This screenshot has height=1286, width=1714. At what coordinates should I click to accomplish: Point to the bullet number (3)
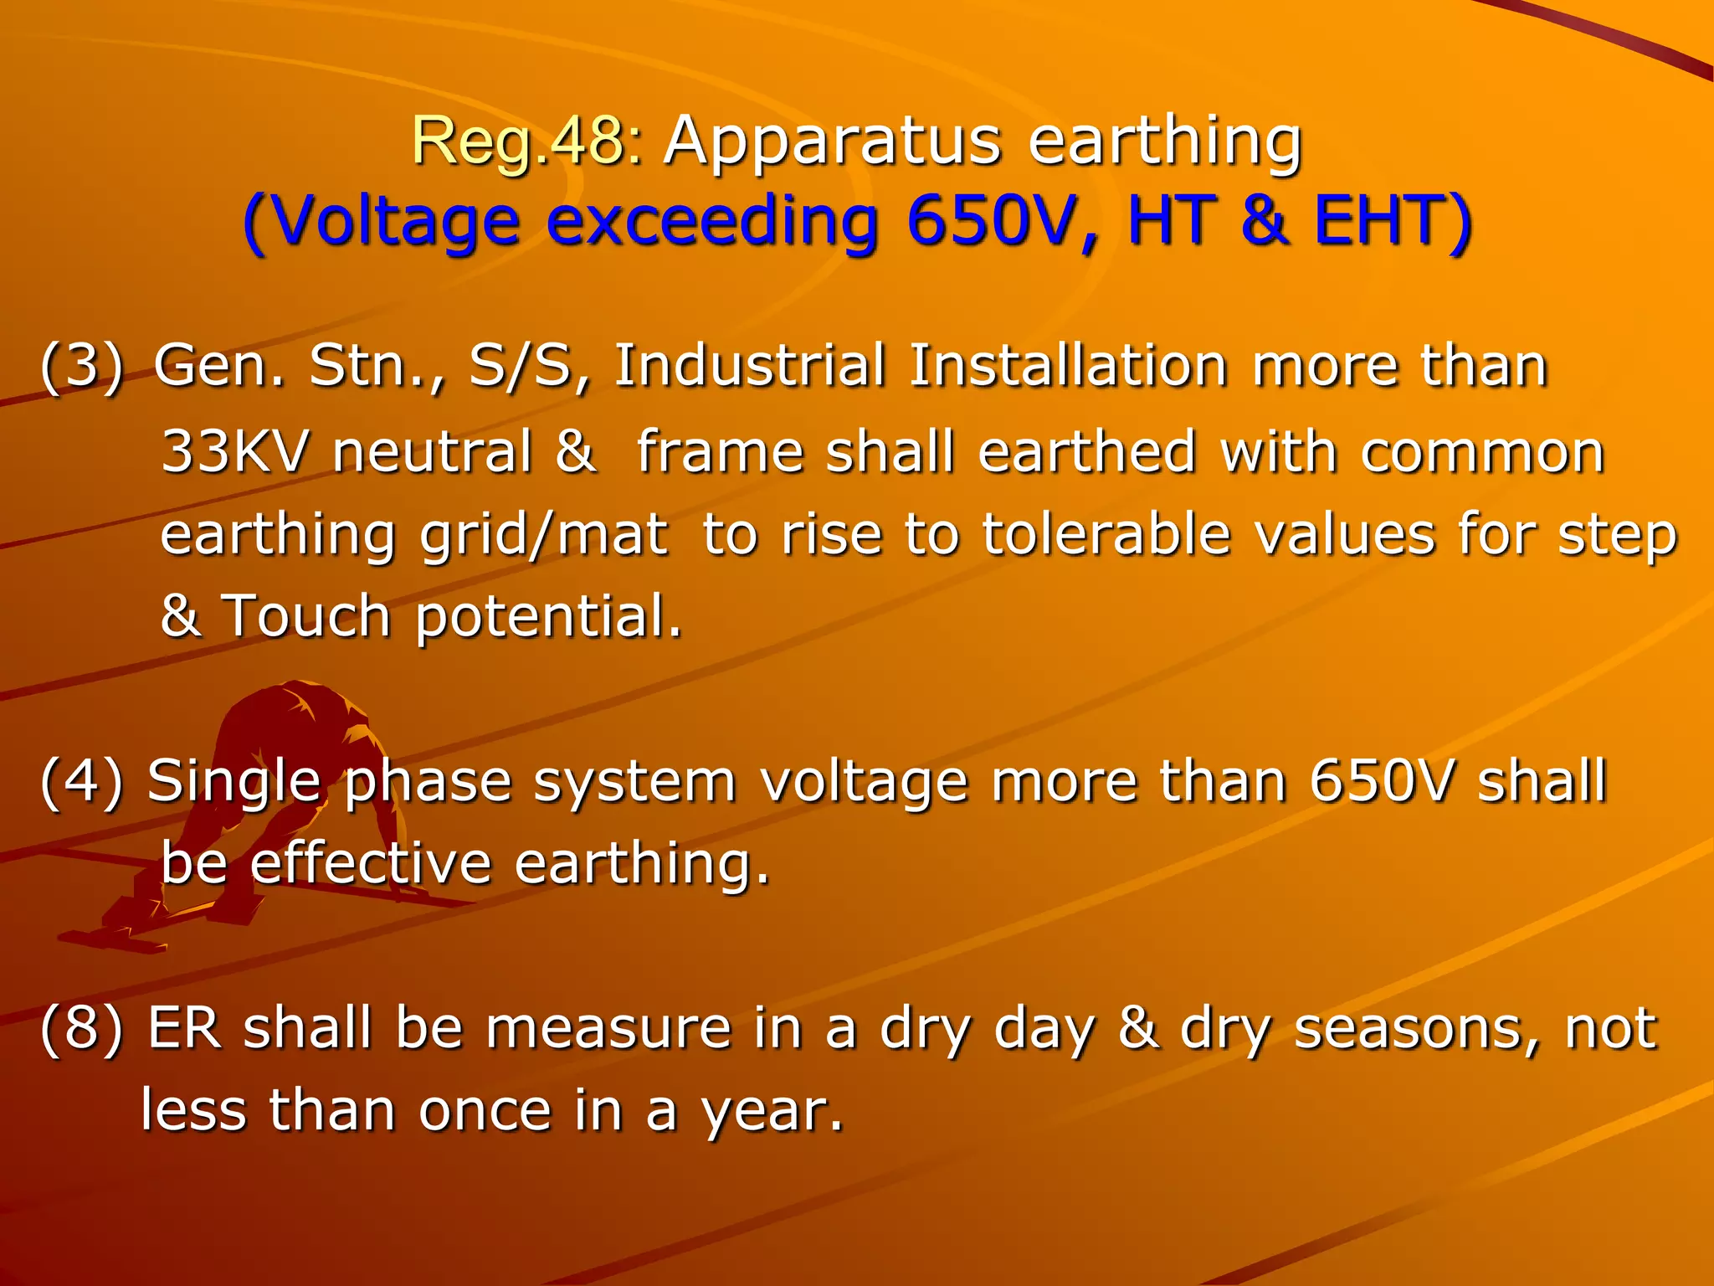click(82, 367)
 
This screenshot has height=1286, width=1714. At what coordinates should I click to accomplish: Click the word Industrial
click(749, 367)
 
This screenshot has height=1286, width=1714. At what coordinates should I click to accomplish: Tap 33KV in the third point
click(234, 452)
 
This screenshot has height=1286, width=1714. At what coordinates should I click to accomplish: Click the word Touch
click(305, 616)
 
